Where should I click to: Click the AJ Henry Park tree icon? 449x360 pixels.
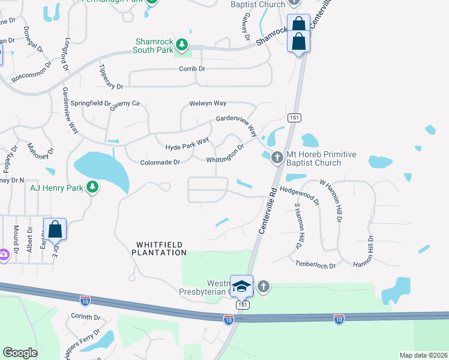92,187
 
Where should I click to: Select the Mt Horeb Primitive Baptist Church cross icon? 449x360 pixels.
277,158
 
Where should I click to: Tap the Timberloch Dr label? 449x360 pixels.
315,263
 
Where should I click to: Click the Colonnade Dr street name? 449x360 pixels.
160,162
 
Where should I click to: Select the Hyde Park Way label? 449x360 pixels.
187,143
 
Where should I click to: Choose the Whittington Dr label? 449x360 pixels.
225,152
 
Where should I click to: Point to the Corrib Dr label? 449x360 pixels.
192,69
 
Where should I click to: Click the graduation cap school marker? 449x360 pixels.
241,287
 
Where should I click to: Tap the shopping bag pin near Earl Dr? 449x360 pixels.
55,229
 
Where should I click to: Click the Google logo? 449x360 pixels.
20,353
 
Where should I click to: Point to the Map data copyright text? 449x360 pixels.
423,355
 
